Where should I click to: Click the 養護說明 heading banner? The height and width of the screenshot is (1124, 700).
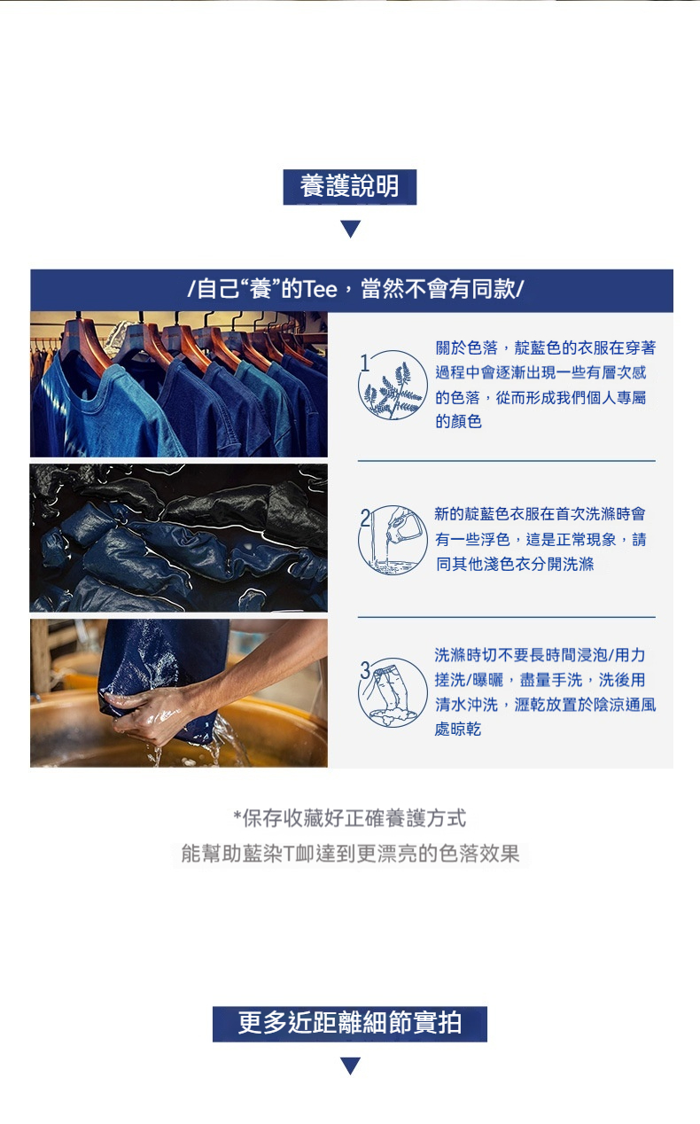(349, 187)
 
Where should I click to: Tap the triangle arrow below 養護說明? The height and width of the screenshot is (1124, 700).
(351, 229)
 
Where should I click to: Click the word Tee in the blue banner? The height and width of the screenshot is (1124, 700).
(319, 290)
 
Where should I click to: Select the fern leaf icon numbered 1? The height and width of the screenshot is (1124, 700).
(393, 386)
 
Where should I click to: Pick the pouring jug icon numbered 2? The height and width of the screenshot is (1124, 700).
(393, 540)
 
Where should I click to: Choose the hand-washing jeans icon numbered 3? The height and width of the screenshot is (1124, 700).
(393, 692)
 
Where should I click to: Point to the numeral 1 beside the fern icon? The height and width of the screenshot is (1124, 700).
(365, 363)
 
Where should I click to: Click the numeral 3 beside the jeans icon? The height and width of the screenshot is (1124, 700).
(366, 670)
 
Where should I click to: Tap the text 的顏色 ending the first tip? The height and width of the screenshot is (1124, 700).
(458, 422)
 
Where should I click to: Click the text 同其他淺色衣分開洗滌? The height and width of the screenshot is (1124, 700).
(515, 564)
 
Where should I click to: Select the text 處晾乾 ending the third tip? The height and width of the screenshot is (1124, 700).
(458, 730)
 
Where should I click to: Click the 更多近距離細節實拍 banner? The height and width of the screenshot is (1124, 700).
(350, 1024)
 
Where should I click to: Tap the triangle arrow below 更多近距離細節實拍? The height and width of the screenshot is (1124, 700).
(351, 1065)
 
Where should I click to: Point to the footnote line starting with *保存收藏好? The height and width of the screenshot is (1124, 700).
(350, 818)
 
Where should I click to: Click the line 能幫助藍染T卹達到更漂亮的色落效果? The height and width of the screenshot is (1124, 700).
(350, 854)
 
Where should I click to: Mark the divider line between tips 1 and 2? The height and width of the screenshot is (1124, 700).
(507, 461)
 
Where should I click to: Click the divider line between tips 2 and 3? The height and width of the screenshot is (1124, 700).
(507, 617)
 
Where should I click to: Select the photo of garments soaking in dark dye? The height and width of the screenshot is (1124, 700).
(178, 538)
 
